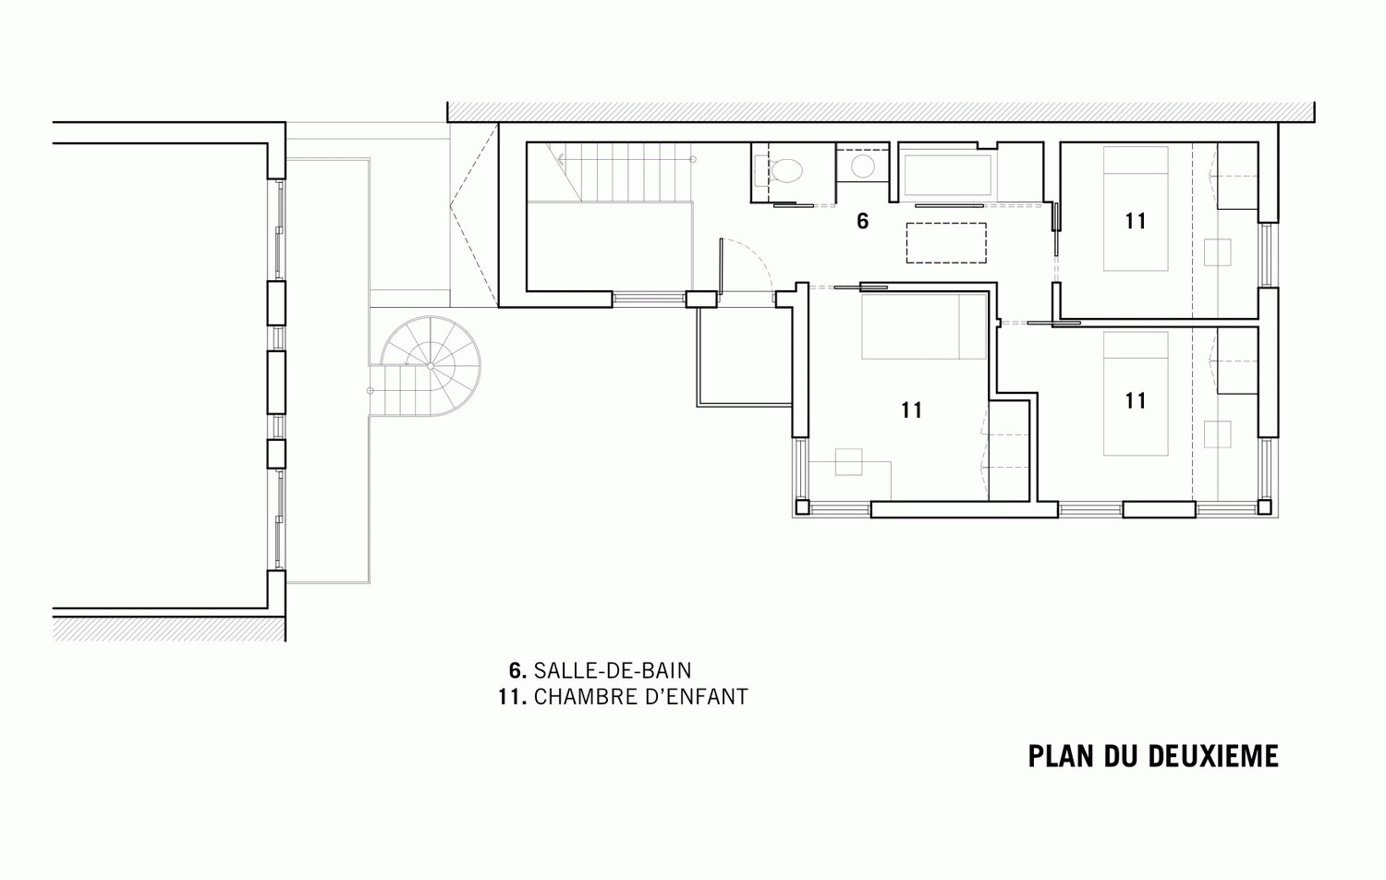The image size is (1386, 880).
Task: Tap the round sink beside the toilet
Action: pyautogui.click(x=862, y=165)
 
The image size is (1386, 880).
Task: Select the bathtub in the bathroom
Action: pyautogui.click(x=947, y=176)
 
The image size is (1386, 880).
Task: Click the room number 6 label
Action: pyautogui.click(x=862, y=221)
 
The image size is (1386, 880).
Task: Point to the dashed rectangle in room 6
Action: pyautogui.click(x=946, y=242)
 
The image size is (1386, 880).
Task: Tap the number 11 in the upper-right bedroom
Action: pyautogui.click(x=1136, y=221)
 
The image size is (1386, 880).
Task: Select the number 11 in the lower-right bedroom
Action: pyautogui.click(x=1136, y=400)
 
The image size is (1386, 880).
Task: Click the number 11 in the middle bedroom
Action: pyautogui.click(x=911, y=409)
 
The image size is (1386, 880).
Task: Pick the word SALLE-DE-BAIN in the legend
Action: pyautogui.click(x=613, y=670)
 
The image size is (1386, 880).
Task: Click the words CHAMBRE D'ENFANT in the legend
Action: pyautogui.click(x=641, y=697)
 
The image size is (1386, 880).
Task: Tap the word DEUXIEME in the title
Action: pyautogui.click(x=1213, y=756)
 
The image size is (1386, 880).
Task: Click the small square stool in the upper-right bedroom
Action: pyautogui.click(x=1217, y=252)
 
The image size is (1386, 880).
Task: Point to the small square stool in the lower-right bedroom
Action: pyautogui.click(x=1217, y=434)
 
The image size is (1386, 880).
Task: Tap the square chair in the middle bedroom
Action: pyautogui.click(x=849, y=462)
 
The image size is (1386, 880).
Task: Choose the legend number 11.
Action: pyautogui.click(x=512, y=697)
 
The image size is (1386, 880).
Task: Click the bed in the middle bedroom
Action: pyautogui.click(x=924, y=326)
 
